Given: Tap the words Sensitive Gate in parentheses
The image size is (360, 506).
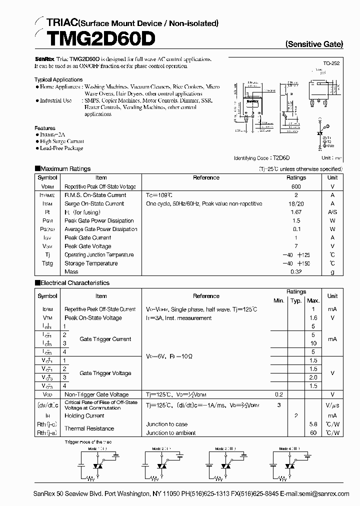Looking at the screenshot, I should tap(314, 44).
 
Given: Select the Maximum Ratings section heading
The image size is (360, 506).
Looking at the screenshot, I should tap(65, 169).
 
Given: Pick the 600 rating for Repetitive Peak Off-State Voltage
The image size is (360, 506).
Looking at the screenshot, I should tap(296, 186).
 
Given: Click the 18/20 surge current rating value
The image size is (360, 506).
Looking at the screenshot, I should tap(296, 203).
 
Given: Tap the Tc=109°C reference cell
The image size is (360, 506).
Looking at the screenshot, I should tap(159, 195).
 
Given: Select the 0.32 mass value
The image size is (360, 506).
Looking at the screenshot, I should tap(296, 272).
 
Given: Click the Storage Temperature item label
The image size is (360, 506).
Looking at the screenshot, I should tap(91, 263).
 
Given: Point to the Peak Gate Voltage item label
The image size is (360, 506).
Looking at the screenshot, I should tap(88, 246).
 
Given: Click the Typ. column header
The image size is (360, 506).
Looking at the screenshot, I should tap(296, 300).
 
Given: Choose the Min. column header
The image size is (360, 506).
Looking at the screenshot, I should tap(279, 300).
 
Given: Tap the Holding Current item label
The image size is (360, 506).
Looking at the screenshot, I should tap(84, 415).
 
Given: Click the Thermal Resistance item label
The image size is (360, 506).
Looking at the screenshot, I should tap(89, 428).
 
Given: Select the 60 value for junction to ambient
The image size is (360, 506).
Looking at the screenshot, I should tap(313, 433).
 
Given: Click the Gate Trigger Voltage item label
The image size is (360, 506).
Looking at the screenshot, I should tap(105, 373).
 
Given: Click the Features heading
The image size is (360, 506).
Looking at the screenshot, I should tap(45, 128).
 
